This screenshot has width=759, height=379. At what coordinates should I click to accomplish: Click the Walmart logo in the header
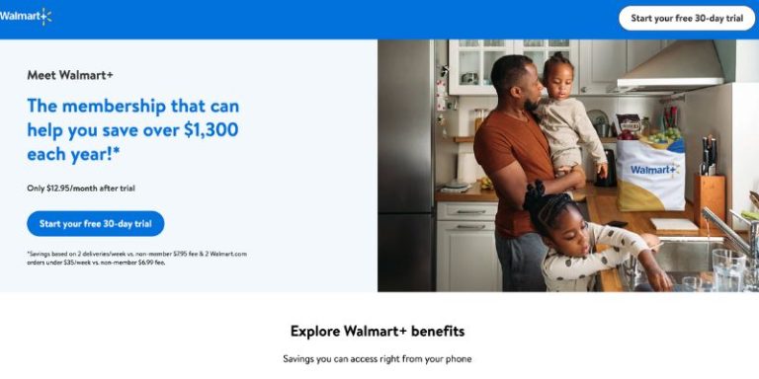(26, 16)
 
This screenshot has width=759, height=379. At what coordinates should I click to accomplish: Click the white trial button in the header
(686, 18)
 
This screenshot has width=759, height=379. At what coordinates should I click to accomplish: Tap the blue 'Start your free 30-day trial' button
(96, 224)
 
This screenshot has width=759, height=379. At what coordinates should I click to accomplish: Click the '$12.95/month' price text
(74, 188)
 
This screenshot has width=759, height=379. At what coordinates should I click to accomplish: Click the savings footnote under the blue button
(136, 259)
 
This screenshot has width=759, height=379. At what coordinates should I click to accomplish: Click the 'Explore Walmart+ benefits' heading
(378, 331)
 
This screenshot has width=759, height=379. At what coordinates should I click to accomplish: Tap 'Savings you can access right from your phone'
(378, 358)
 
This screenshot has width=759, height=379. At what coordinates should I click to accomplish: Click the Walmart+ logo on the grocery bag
(653, 170)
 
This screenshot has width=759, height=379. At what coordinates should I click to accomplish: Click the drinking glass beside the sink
(727, 268)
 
